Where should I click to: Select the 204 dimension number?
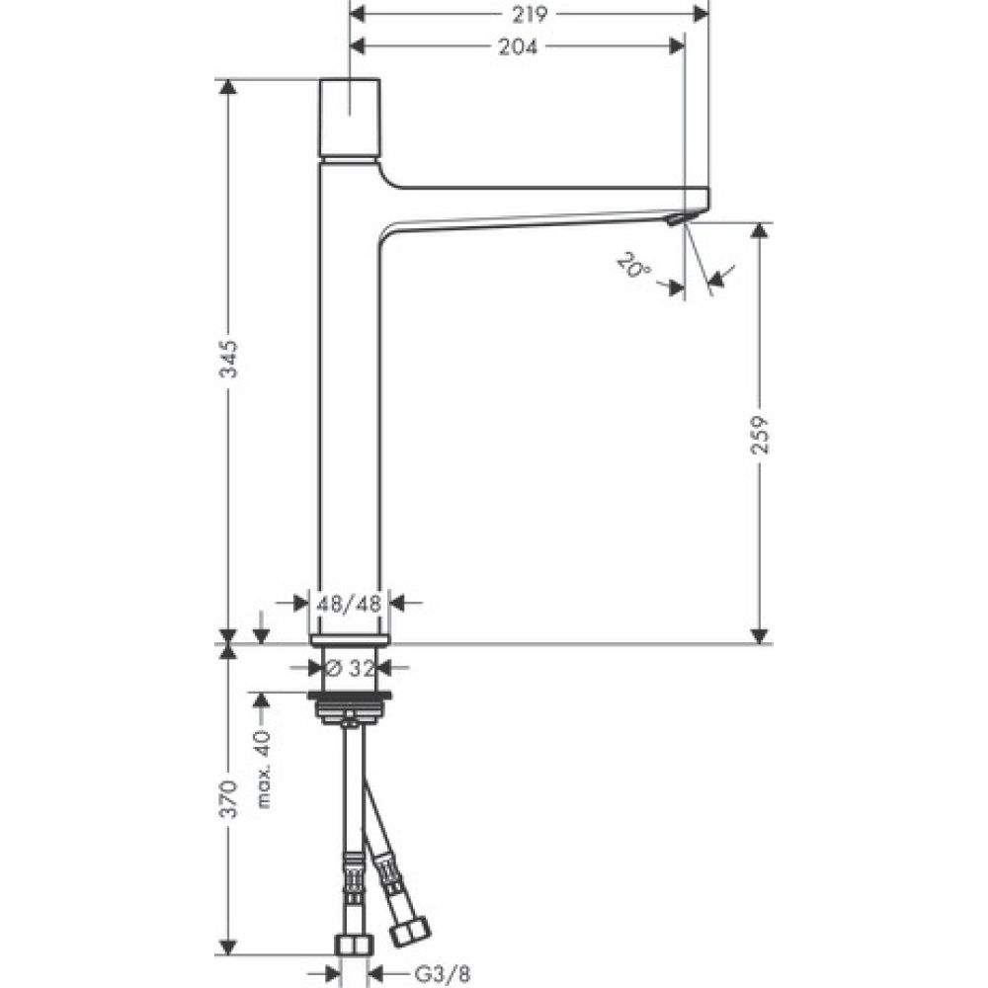click(518, 46)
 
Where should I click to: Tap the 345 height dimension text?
click(228, 362)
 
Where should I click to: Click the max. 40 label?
click(263, 770)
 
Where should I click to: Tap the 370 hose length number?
click(228, 799)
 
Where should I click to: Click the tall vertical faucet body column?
click(349, 415)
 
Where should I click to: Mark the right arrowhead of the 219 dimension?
click(701, 13)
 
